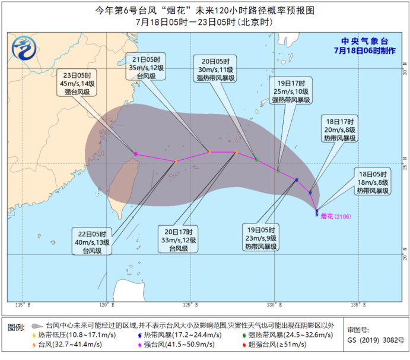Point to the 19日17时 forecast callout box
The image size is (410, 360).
(291, 91)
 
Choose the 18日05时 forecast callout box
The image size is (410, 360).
(373, 181)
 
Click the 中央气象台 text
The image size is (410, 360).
(364, 42)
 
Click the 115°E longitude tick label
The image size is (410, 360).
(21, 305)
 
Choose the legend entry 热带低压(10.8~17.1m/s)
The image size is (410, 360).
(73, 335)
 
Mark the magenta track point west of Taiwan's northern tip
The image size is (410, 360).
(136, 154)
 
